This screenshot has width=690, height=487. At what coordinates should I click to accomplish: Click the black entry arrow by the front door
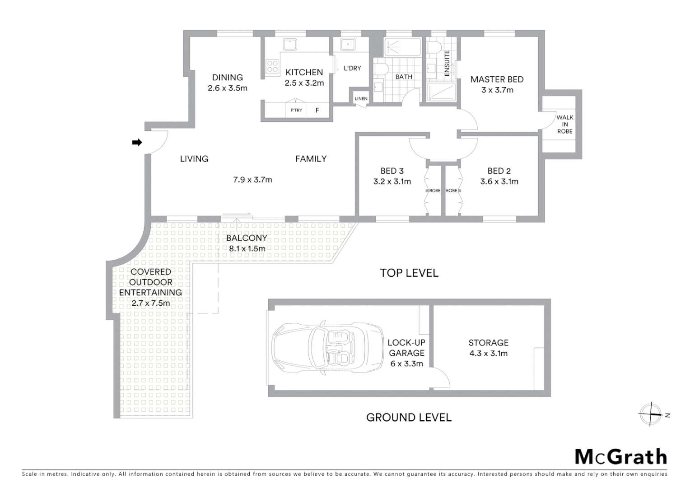137,142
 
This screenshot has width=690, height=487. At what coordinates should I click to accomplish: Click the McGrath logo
620,457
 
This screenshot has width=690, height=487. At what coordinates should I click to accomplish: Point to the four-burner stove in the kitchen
272,66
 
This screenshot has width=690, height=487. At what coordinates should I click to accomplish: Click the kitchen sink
289,44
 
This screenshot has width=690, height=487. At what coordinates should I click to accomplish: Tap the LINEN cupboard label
361,99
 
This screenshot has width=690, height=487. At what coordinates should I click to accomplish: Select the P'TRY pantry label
296,110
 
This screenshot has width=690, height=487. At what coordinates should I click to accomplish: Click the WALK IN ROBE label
564,124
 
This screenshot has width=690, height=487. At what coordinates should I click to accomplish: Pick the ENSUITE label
447,63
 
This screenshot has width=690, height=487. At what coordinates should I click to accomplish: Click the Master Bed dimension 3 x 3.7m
497,90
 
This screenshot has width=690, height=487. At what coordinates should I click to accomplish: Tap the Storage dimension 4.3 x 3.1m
488,354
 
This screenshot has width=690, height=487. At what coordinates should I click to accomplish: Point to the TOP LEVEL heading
409,273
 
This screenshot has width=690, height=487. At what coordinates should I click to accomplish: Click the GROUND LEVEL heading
409,418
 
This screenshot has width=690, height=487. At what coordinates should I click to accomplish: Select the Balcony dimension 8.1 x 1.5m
247,248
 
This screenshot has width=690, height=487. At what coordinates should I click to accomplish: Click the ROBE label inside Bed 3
434,191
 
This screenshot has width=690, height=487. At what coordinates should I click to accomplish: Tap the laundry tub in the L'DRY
347,44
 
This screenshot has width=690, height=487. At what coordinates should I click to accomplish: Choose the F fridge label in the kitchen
317,110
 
